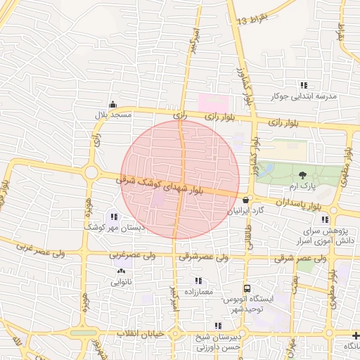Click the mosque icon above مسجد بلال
113,103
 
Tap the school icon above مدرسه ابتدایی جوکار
304,86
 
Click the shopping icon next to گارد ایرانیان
245,200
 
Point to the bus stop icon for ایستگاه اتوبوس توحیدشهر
247,288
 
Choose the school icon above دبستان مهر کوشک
115,216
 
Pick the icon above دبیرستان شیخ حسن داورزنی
218,326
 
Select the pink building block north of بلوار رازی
212,103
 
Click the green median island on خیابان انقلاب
82,333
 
